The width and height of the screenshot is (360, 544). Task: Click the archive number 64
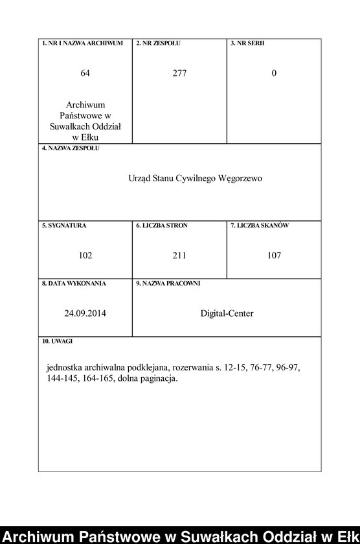tap(85, 73)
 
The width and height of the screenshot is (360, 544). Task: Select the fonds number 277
tap(179, 73)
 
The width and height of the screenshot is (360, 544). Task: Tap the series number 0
tap(274, 73)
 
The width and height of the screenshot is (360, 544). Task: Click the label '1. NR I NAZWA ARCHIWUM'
tap(82, 43)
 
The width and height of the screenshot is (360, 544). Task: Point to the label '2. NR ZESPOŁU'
tap(158, 43)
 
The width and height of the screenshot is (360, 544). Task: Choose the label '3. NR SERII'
tap(247, 43)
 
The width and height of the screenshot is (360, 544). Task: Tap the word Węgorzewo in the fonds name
tap(242, 178)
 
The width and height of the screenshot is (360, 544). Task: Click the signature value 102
tap(85, 255)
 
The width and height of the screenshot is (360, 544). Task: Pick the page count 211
tap(179, 255)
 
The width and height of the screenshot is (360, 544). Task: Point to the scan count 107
tap(274, 255)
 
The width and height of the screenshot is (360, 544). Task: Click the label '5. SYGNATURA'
tap(64, 225)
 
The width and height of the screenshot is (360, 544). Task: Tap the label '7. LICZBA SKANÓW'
tap(260, 225)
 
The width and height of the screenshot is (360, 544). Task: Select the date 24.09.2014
tap(85, 313)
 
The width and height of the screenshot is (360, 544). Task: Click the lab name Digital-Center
tap(227, 313)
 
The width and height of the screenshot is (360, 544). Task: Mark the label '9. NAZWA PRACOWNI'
tap(168, 283)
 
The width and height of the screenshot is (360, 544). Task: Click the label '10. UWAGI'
tap(58, 341)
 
